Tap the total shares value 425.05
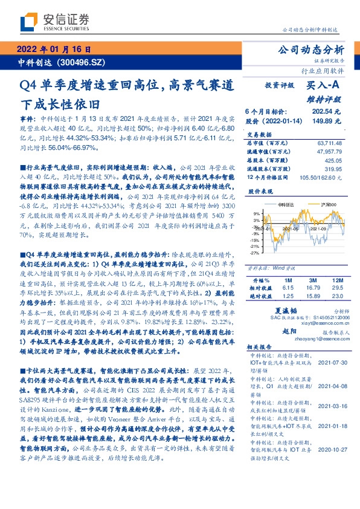click(x=332, y=161)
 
